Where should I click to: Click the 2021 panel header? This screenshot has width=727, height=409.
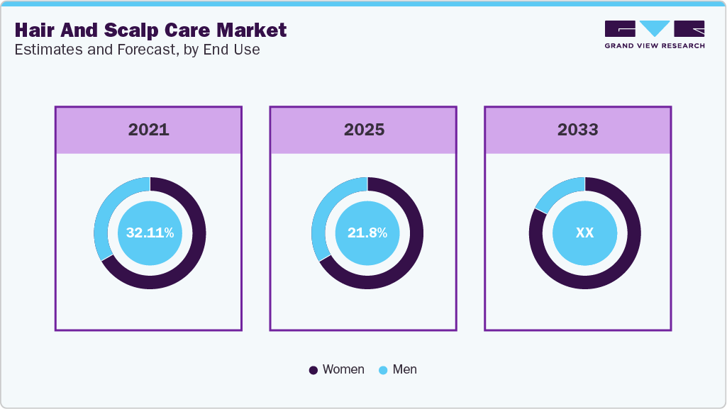click(x=148, y=130)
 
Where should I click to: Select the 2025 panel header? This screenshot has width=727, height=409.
click(x=364, y=130)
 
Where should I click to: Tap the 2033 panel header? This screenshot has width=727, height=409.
click(x=577, y=130)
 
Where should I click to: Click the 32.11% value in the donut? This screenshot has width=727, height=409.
click(x=150, y=232)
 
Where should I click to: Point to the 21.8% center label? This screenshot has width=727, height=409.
click(x=367, y=232)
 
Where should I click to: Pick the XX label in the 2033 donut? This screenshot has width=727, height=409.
click(x=584, y=232)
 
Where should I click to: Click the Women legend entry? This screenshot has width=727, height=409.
click(x=343, y=369)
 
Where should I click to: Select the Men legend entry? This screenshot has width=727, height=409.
click(x=404, y=369)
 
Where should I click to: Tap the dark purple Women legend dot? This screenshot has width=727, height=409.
click(x=313, y=370)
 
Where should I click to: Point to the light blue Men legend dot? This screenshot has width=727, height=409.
click(x=383, y=370)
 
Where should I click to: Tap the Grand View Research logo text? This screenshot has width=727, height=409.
click(x=654, y=45)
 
